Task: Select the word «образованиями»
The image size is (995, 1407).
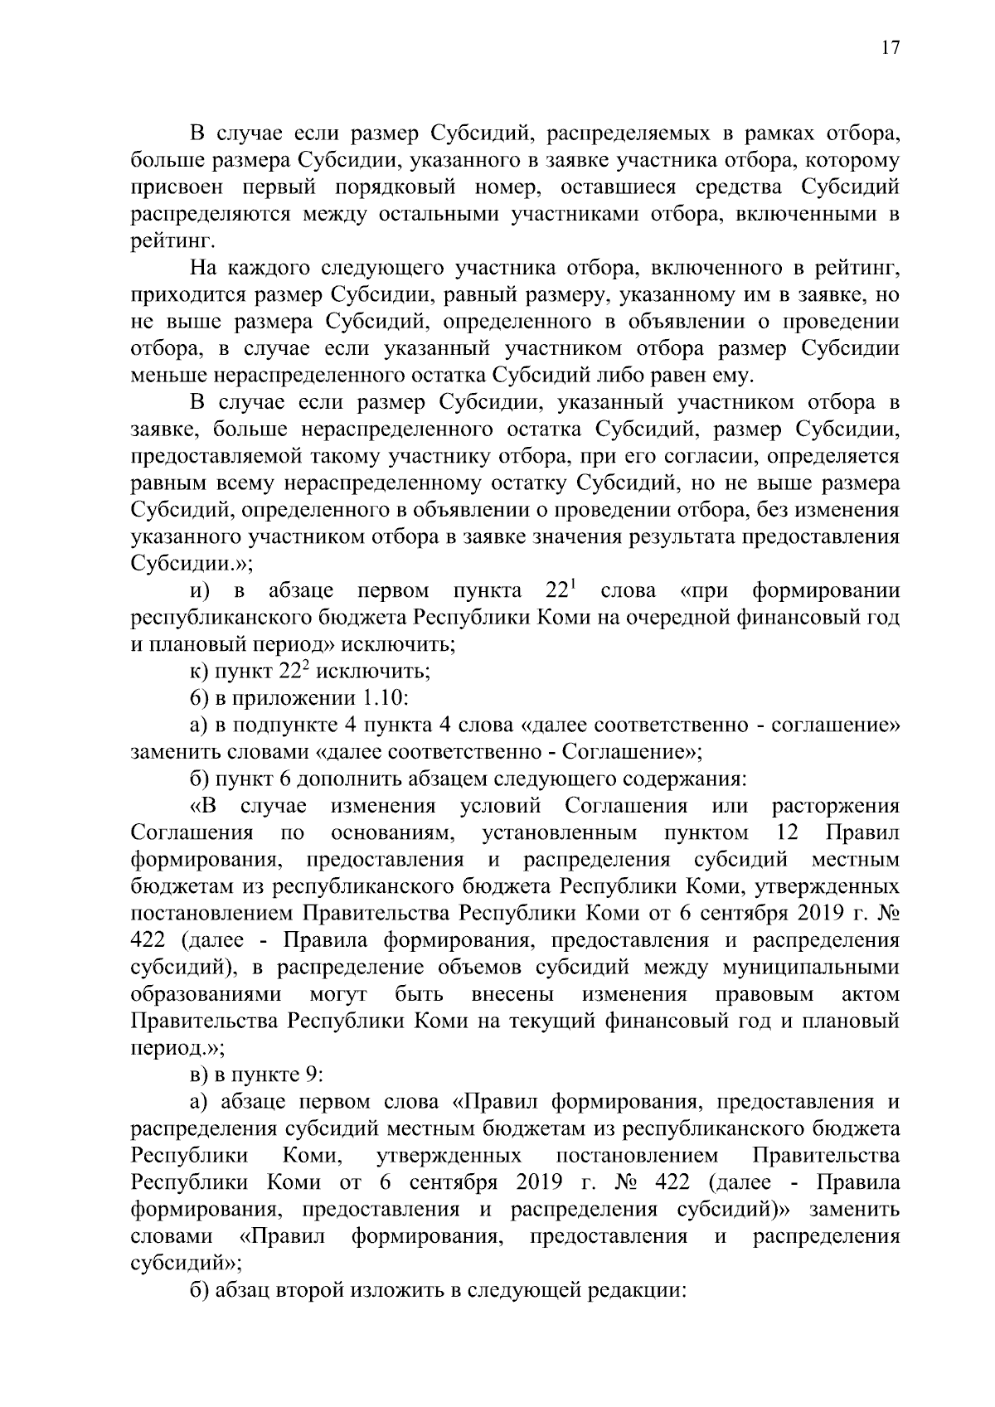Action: [206, 994]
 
